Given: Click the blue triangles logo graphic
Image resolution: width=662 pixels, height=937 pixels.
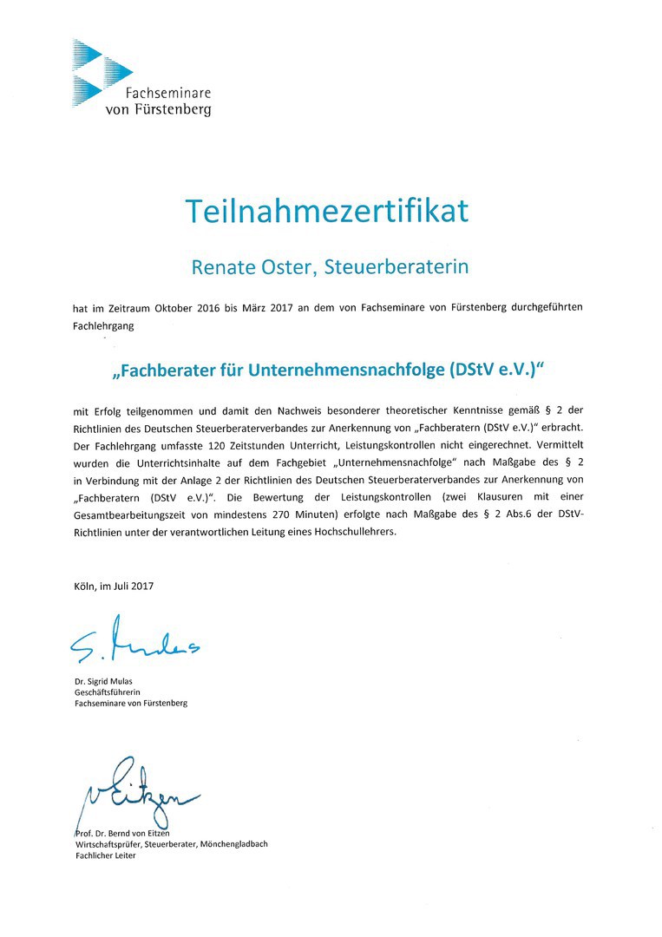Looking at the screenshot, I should click(95, 72).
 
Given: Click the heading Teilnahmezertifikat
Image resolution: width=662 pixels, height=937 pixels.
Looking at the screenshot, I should click(327, 211).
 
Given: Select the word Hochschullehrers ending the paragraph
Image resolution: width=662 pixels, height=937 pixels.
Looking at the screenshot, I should click(354, 532).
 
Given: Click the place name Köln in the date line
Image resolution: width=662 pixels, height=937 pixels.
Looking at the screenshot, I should click(85, 586).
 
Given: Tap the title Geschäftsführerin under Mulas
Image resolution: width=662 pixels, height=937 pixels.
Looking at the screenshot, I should click(108, 692).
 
